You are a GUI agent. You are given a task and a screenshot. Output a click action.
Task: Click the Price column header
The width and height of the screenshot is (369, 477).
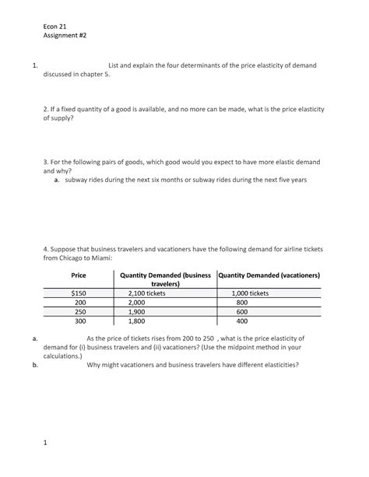pyautogui.click(x=79, y=275)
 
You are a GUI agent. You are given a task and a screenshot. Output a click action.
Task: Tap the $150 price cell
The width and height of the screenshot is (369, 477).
pyautogui.click(x=79, y=293)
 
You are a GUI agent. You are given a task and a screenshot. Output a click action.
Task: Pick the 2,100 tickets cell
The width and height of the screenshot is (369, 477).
pyautogui.click(x=147, y=293)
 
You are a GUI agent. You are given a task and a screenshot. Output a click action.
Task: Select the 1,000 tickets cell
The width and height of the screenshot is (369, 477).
pyautogui.click(x=250, y=293)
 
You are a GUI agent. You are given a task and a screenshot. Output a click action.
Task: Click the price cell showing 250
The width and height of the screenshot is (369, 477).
pyautogui.click(x=79, y=311)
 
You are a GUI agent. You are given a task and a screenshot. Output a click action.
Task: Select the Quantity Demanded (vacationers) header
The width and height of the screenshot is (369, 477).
pyautogui.click(x=269, y=275)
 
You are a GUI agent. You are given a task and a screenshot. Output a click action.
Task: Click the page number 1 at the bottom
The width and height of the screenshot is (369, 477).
pyautogui.click(x=46, y=443)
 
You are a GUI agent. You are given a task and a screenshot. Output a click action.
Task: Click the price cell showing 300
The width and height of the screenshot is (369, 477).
pyautogui.click(x=79, y=321)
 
